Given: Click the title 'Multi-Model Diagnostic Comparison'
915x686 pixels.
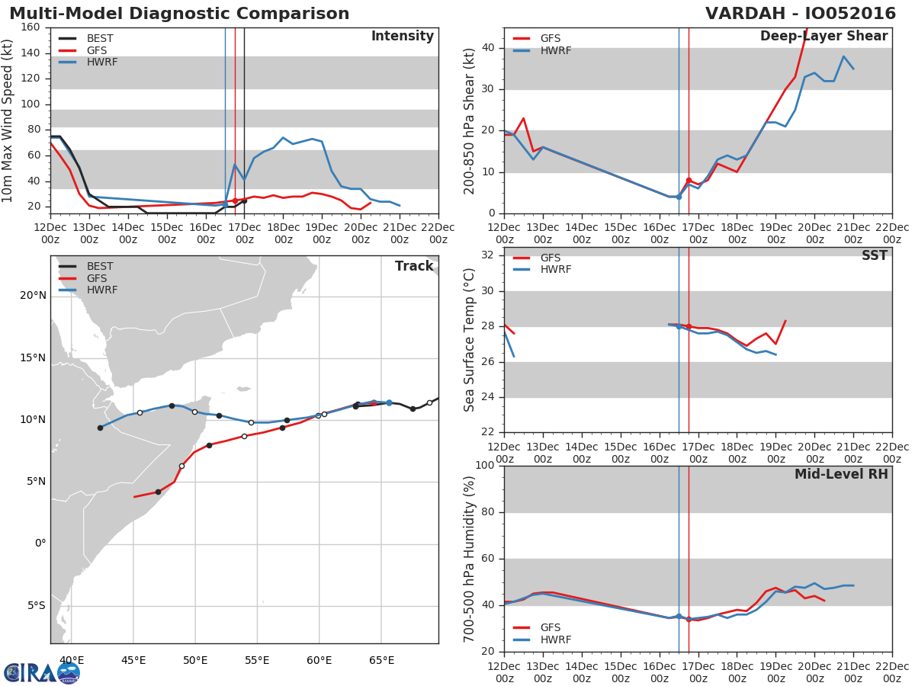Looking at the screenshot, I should tap(179, 14).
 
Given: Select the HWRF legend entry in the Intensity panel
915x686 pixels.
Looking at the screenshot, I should tap(101, 63).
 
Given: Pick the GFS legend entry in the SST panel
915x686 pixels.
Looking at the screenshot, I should tap(550, 258).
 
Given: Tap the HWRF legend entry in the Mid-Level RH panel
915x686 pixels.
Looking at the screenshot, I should tap(555, 640).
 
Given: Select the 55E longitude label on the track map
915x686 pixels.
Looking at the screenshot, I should tap(258, 660).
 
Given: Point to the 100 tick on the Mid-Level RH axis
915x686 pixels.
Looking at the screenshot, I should tap(486, 466).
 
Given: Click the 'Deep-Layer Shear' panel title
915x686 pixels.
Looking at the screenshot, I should tap(823, 37).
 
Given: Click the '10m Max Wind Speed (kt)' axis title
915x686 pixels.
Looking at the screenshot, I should tap(8, 120).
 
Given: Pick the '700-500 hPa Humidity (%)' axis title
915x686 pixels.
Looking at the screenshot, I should tap(470, 559).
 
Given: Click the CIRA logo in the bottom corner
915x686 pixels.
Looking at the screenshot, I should tap(42, 672).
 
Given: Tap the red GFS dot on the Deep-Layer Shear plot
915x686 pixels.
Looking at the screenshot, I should tap(689, 180).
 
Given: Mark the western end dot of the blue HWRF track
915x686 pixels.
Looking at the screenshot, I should tap(100, 428).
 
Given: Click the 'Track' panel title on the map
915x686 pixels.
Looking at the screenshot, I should tap(414, 266).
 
